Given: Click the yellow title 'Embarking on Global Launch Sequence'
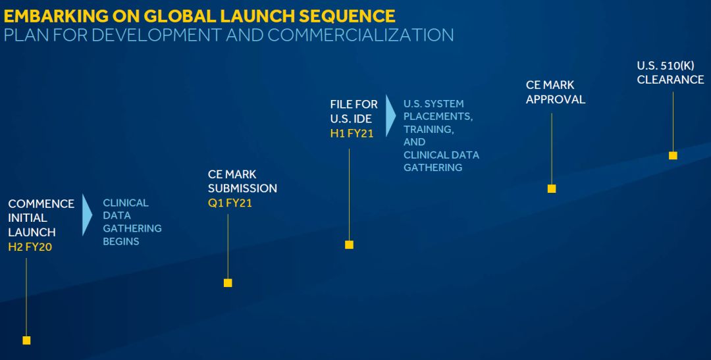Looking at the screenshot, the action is click(199, 16).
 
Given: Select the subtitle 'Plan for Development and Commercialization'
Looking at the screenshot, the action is click(228, 35).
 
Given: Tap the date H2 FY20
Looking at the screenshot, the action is click(30, 247).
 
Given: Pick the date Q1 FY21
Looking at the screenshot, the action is click(230, 203).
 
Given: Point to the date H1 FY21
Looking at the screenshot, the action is click(352, 134).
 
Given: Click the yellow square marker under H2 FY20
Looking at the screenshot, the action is click(26, 340).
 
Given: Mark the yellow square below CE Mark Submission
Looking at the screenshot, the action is click(228, 283).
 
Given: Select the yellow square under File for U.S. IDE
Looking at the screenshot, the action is click(349, 245).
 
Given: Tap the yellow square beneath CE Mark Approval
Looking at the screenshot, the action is click(552, 189).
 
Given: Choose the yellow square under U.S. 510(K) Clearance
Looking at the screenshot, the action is click(673, 155).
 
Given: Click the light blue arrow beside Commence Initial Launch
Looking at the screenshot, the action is click(87, 215).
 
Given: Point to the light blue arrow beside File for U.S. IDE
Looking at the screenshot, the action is click(390, 116).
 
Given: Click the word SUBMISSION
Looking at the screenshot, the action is click(242, 188).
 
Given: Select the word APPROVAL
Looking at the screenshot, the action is click(556, 99).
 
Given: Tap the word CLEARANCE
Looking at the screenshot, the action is click(670, 80).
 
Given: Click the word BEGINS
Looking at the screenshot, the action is click(121, 242).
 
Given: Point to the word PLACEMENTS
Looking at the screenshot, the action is click(438, 116).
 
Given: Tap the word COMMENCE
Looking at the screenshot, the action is click(41, 203).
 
